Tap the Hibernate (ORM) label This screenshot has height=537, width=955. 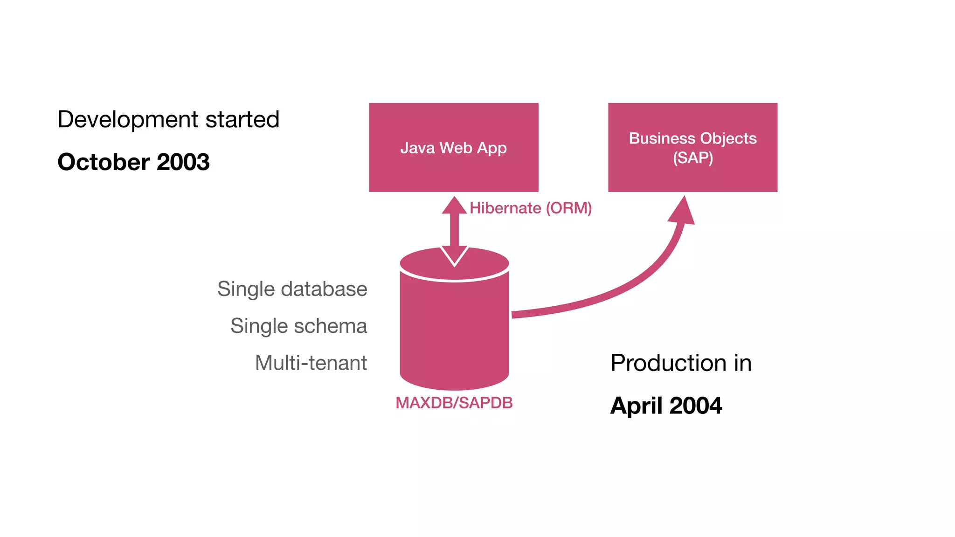pos(531,208)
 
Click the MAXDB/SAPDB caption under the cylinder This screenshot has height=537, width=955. pos(454,403)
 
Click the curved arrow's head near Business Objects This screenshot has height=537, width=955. pos(683,211)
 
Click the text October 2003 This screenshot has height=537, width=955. pos(133,162)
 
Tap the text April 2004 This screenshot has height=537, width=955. pos(666,406)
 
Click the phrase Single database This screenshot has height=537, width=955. pos(292,289)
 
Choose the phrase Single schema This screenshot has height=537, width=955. pos(298,326)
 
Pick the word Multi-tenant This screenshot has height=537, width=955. pos(311,363)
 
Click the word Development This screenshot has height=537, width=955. pos(128,120)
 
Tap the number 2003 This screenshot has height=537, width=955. pos(183,162)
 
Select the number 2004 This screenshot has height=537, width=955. pos(695,406)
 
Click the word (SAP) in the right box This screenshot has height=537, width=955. pos(692,158)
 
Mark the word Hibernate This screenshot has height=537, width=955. pos(505,208)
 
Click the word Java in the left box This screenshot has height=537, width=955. pos(417,148)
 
